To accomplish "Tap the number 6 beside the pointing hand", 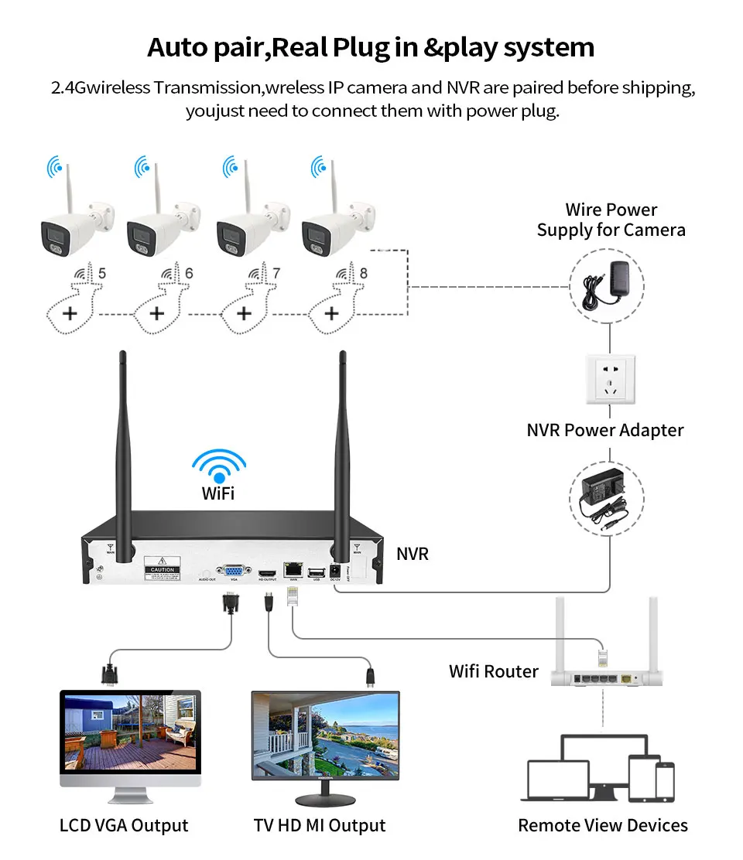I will [189, 274].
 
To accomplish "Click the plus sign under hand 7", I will [244, 313].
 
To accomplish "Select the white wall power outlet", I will [610, 379].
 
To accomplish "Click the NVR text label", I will [413, 554].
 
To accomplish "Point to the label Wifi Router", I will [494, 671].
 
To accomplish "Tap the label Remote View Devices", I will [603, 826].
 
